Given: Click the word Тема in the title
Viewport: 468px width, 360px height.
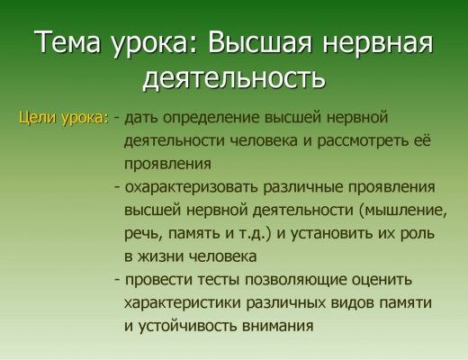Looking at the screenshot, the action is coord(67,41).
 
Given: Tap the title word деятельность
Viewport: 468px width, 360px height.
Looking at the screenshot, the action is coord(234,78).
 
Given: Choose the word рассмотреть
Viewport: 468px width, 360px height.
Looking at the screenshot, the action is coord(364,141).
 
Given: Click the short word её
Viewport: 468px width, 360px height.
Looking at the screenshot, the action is coord(423,139).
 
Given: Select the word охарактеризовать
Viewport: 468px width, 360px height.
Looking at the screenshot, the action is coord(191,187).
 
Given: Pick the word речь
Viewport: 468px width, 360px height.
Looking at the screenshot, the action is coord(141,234).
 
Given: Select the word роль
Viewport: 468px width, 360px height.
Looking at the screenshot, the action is coord(418,234).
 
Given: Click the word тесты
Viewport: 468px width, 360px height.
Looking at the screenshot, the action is coord(219,280).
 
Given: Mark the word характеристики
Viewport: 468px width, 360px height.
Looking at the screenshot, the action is coord(183,303).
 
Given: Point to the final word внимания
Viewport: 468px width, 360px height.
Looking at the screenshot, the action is coord(278,327).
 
